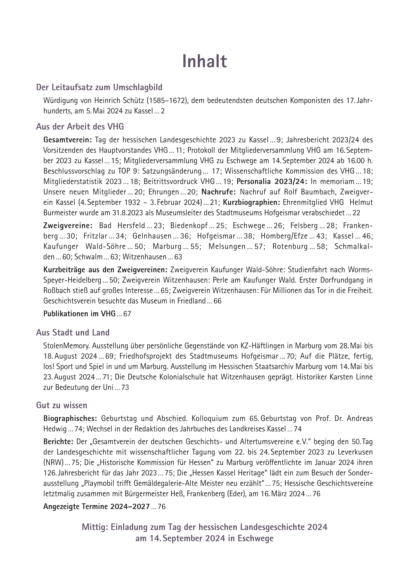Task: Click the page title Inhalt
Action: pos(204,61)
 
